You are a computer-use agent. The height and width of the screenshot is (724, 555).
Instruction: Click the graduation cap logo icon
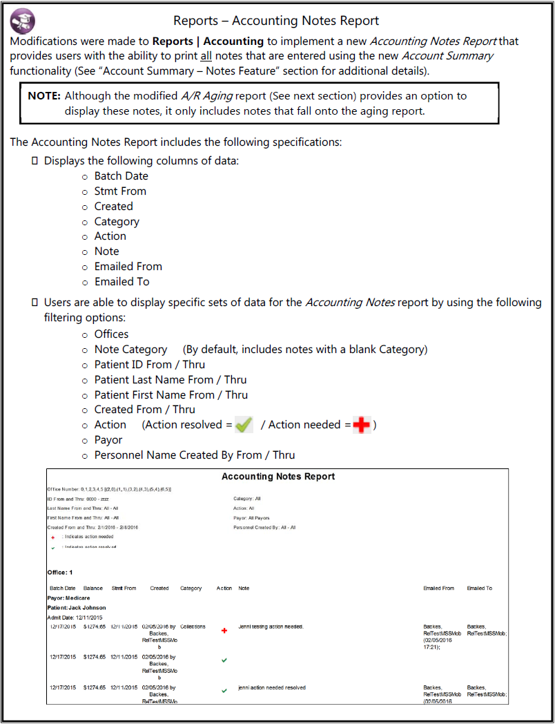(x=23, y=21)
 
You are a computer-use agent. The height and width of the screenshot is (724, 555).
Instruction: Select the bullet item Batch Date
(x=121, y=176)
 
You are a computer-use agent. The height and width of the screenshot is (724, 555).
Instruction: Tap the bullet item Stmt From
(x=120, y=191)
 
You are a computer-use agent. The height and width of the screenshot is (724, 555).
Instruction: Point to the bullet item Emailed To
(x=121, y=282)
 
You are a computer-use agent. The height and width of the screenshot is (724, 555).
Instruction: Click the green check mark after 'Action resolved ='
(x=244, y=425)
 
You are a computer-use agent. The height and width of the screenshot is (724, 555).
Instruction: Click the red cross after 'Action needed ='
(x=362, y=425)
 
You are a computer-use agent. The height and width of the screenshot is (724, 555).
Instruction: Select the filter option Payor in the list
(x=108, y=440)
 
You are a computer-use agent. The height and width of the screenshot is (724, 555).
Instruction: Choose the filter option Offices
(x=111, y=334)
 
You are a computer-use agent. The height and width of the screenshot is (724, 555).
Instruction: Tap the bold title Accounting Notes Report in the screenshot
(x=278, y=477)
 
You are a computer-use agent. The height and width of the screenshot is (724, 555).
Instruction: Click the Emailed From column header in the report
(x=438, y=589)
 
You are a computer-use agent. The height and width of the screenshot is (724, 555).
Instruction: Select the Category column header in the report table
(x=191, y=589)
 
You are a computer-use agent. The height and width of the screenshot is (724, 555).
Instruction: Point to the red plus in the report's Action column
(x=224, y=630)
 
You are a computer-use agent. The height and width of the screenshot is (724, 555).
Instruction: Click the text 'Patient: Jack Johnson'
(x=77, y=608)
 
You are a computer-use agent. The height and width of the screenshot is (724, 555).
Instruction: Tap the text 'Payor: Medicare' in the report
(x=68, y=598)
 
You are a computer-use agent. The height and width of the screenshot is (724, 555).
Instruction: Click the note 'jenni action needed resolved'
(x=272, y=688)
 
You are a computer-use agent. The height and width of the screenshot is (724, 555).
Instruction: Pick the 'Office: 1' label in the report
(x=60, y=573)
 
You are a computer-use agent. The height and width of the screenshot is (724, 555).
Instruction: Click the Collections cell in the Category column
(x=193, y=627)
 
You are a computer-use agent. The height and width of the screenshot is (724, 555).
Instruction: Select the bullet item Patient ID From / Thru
(x=149, y=365)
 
